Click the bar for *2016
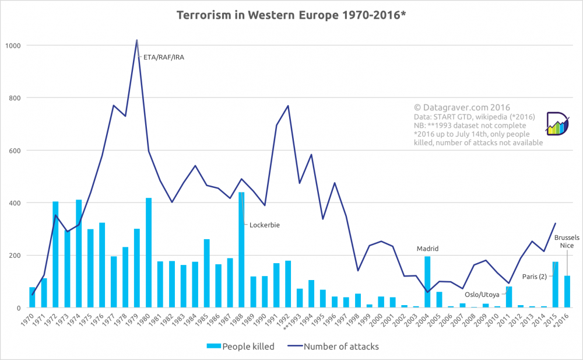567,292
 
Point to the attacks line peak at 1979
137,40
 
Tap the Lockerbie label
265,225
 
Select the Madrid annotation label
428,249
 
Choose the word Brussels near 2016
567,237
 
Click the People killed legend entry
240,347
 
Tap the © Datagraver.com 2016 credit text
462,107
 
